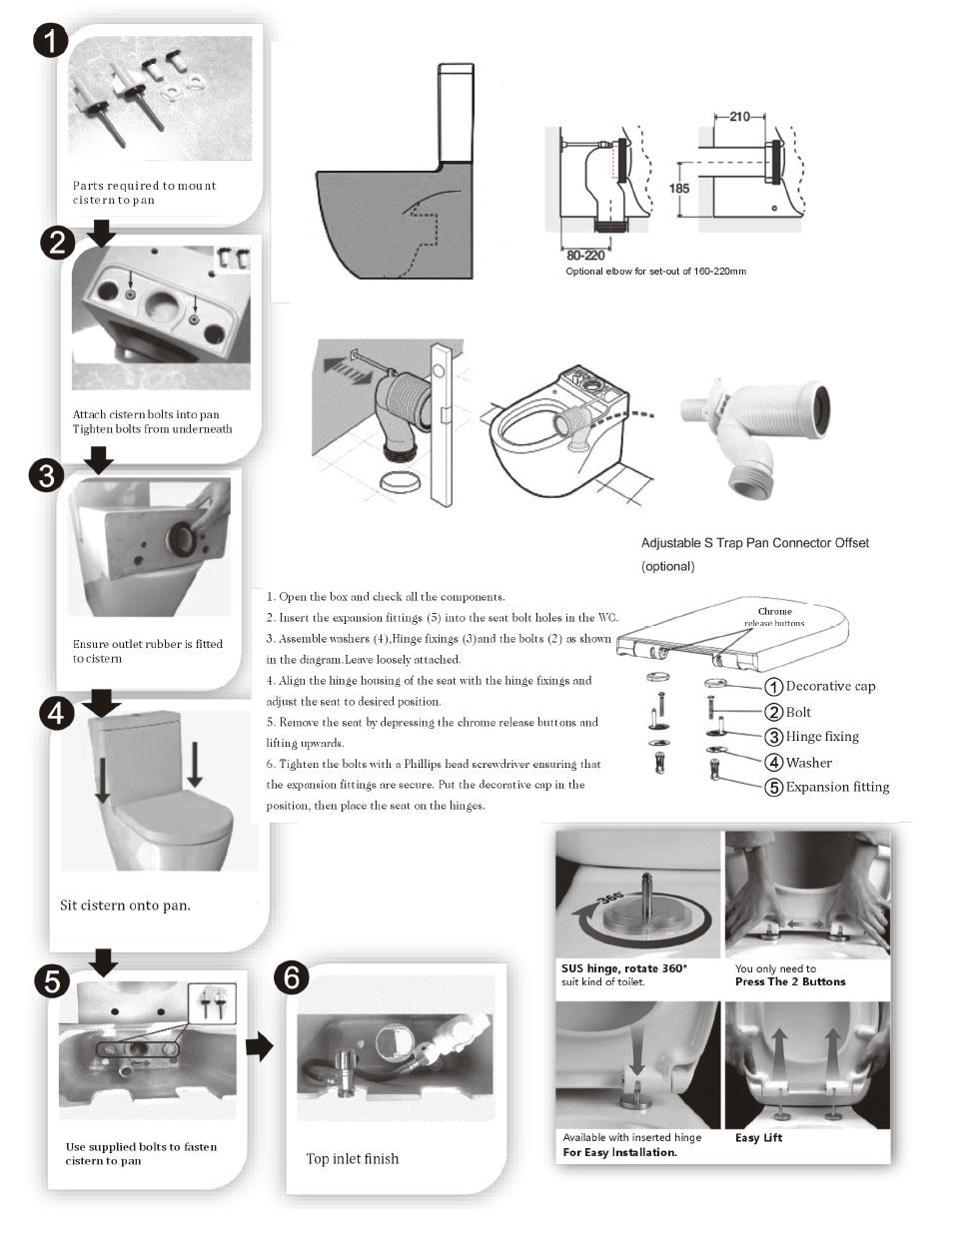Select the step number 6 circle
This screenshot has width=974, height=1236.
291,977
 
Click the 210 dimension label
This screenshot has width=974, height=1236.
738,117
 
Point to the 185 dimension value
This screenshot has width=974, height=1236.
679,188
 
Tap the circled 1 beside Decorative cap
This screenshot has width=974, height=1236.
772,687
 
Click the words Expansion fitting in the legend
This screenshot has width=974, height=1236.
837,787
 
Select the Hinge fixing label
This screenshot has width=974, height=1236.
822,737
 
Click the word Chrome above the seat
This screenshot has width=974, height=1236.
774,611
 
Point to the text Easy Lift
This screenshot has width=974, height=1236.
759,1138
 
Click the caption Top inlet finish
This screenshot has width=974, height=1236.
352,1159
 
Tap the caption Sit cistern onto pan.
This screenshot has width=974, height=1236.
125,906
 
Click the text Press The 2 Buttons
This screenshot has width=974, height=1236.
790,982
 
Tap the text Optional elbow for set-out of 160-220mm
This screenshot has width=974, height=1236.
655,272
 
